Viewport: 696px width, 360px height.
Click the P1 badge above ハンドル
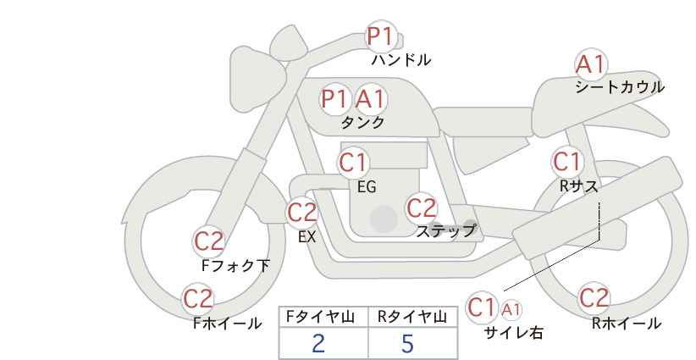point(380,36)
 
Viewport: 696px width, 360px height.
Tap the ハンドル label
point(401,60)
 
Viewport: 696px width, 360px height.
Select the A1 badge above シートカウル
point(590,64)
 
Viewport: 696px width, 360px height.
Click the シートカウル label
point(620,87)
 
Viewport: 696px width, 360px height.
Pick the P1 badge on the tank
point(334,99)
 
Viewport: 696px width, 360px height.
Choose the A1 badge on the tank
point(370,99)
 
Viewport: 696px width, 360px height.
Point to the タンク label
point(362,123)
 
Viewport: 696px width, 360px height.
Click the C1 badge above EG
point(353,161)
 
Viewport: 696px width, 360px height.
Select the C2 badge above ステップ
point(421,208)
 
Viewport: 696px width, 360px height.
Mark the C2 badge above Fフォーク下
point(208,241)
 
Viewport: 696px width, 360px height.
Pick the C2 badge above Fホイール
point(199,299)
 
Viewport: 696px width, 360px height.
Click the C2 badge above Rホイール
point(594,298)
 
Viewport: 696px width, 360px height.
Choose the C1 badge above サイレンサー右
point(483,307)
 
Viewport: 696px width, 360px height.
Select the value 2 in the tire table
point(318,343)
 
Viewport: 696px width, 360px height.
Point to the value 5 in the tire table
point(407,343)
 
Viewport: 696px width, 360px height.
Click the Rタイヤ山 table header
point(412,318)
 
